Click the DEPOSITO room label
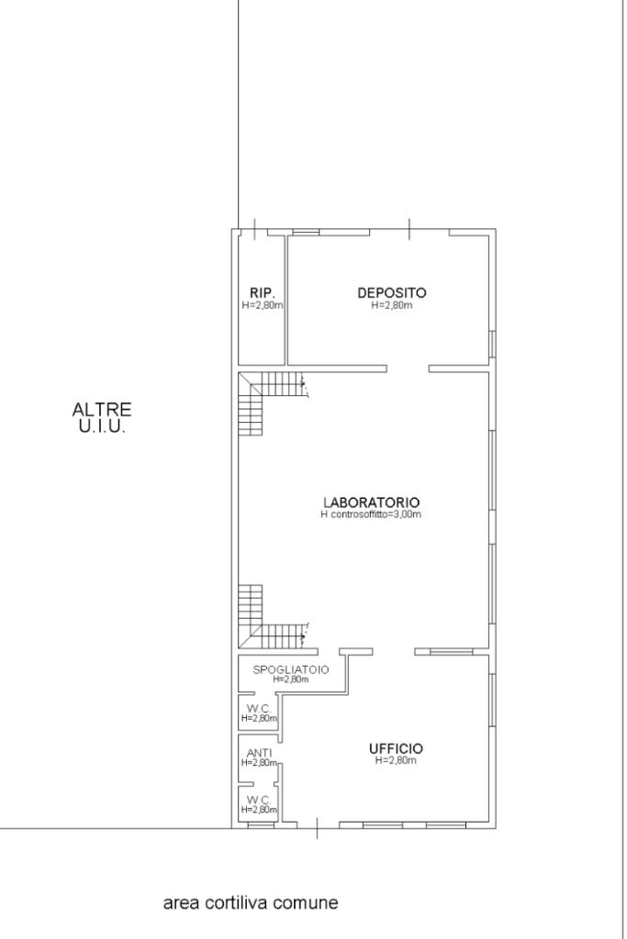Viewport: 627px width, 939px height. (x=391, y=293)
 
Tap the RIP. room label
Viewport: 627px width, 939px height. (x=263, y=293)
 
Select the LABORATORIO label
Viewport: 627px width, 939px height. (x=371, y=503)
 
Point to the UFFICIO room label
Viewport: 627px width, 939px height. (x=396, y=748)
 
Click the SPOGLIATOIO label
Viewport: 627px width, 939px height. (x=291, y=669)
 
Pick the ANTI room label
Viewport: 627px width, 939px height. (x=259, y=753)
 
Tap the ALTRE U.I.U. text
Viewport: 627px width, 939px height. (x=102, y=418)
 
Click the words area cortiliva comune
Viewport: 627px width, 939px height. (x=251, y=902)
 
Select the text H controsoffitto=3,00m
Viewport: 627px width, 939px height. (x=371, y=514)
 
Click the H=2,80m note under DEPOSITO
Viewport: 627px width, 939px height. (x=392, y=304)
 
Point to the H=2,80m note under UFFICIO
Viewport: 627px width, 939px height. (x=396, y=760)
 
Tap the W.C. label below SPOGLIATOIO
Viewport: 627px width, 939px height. (x=259, y=709)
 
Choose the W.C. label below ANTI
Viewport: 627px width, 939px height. (x=259, y=800)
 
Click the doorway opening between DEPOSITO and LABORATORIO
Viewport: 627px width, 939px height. (x=408, y=369)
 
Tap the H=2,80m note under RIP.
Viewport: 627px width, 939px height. (x=263, y=304)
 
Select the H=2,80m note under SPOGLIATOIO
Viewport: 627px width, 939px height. (x=291, y=679)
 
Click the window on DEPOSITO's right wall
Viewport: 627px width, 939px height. (x=493, y=345)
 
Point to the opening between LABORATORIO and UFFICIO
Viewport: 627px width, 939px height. (x=393, y=652)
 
